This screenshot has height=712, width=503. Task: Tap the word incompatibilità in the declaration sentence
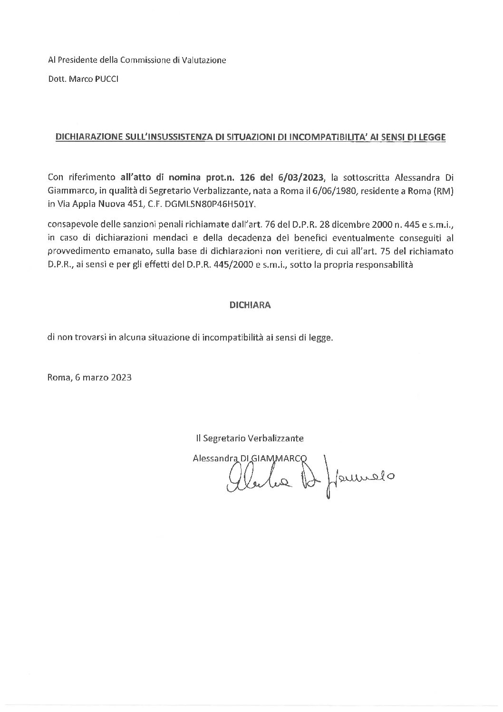[233, 338]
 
